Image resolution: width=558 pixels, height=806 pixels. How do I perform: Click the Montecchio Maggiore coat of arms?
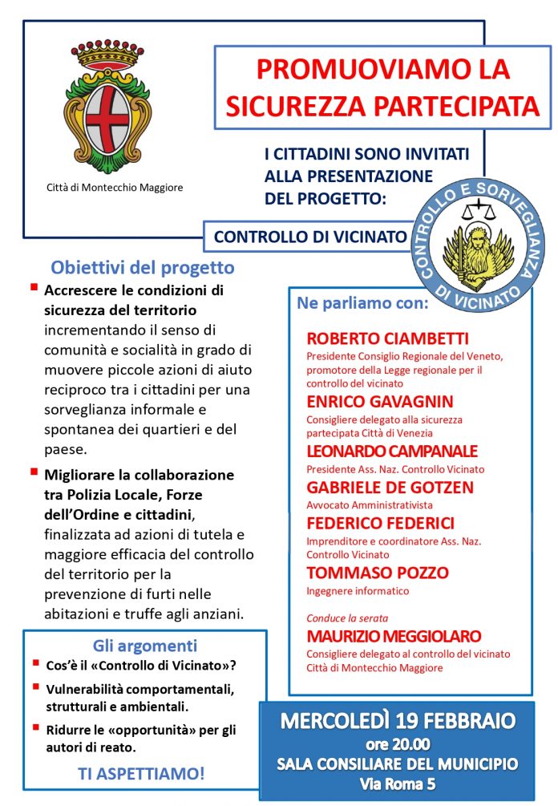(112, 105)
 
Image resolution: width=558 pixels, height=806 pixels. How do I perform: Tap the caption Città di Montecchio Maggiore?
(115, 188)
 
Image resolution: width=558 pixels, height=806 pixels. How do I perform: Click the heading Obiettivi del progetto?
(143, 268)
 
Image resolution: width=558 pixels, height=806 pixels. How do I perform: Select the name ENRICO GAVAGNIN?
(379, 401)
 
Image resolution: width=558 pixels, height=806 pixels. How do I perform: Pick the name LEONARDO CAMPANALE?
(392, 451)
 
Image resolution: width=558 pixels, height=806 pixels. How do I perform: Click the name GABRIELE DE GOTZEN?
(390, 488)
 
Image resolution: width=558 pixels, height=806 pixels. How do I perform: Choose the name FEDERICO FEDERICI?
(380, 524)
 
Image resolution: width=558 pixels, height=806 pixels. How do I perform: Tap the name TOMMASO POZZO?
(377, 573)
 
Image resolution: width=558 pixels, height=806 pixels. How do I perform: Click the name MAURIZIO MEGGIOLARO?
(394, 636)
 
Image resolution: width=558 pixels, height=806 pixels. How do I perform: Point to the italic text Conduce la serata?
(347, 618)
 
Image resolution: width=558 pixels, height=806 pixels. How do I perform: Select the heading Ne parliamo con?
(362, 304)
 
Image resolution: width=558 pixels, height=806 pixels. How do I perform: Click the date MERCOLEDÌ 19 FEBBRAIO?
(397, 719)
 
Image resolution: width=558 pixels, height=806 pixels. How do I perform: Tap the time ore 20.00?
(398, 743)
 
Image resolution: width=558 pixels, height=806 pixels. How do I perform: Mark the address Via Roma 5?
(398, 783)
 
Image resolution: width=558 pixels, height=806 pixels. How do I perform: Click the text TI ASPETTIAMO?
(141, 774)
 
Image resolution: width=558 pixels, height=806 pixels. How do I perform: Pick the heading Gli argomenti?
(145, 645)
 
